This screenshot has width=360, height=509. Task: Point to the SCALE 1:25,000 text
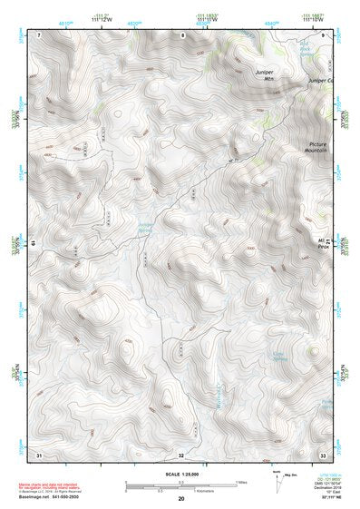tap(180, 475)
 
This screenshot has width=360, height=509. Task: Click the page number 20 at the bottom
tap(180, 499)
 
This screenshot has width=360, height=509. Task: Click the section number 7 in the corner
tap(40, 34)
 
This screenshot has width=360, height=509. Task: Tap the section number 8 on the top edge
tap(181, 34)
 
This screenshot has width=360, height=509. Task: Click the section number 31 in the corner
tap(39, 453)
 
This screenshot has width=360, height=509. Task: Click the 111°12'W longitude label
tap(102, 21)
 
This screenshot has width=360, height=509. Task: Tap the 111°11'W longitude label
tap(208, 21)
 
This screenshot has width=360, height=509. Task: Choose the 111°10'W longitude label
tap(313, 21)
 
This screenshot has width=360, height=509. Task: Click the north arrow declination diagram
tap(276, 480)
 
